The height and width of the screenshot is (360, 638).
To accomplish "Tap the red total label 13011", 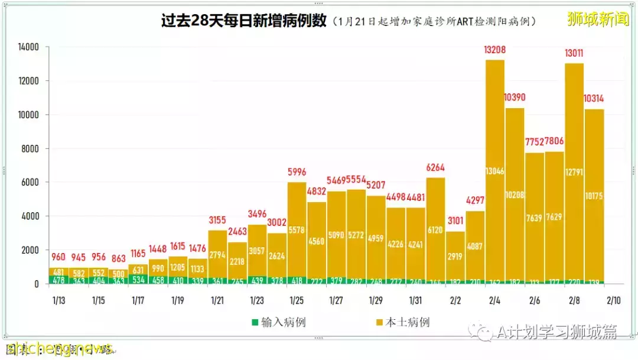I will pos(574,54).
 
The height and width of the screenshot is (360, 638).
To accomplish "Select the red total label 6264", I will pos(435,167).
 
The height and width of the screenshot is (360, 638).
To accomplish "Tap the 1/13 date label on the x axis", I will pos(59,300).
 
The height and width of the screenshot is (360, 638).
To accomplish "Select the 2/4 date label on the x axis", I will pos(494,300).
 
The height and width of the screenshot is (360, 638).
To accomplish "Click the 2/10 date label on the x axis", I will pos(613,300).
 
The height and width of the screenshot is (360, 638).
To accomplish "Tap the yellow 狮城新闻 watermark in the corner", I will pos(598,19).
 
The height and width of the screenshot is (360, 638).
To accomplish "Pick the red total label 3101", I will pos(455,220).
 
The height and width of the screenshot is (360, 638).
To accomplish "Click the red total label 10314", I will pos(594,99).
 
